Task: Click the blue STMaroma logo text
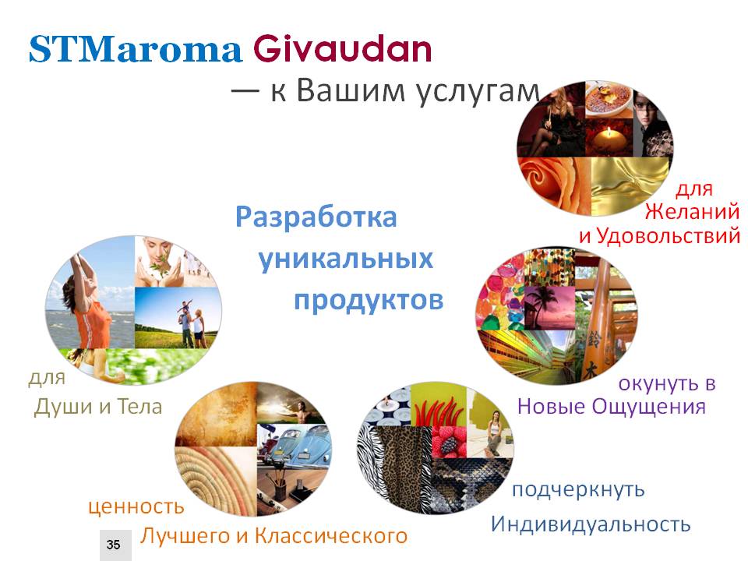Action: (x=136, y=49)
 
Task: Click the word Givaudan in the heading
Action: (x=343, y=48)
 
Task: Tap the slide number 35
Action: (x=114, y=545)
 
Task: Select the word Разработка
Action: (x=316, y=217)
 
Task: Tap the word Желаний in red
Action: (x=692, y=211)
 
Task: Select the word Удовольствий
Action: (x=669, y=236)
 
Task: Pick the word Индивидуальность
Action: (x=591, y=524)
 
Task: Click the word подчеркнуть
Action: (x=578, y=490)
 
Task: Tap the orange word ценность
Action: (x=136, y=506)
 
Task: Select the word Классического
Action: (x=331, y=536)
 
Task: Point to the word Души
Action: (x=63, y=407)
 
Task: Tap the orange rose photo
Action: (x=554, y=184)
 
